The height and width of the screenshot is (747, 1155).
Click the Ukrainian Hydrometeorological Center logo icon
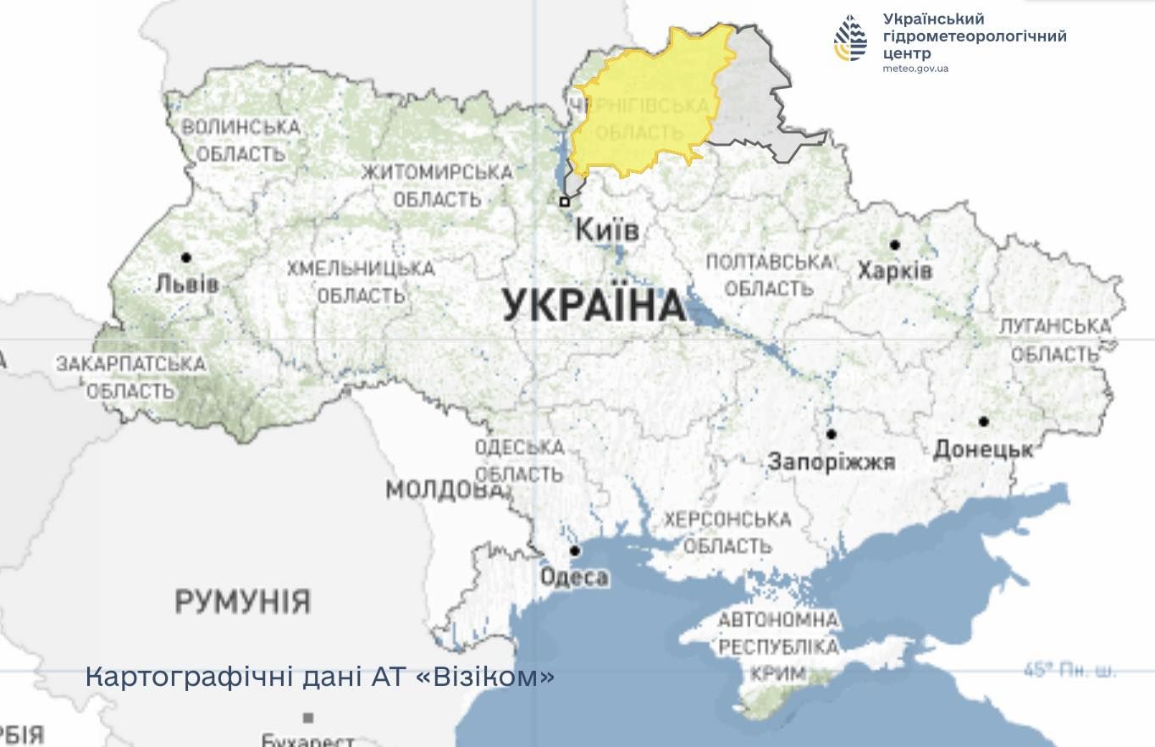(x=850, y=39)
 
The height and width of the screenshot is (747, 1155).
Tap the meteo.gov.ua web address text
(x=915, y=69)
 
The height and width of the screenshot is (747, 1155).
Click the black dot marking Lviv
(x=185, y=257)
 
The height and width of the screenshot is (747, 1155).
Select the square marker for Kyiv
(x=565, y=202)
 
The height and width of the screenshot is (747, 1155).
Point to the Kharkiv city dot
(x=894, y=245)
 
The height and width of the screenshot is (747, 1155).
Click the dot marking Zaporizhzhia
(x=831, y=434)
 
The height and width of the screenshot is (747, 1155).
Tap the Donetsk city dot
(x=983, y=421)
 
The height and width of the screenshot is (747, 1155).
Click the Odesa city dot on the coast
(x=575, y=551)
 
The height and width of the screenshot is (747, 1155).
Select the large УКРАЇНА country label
(x=594, y=305)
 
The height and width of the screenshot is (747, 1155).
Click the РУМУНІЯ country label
(x=242, y=602)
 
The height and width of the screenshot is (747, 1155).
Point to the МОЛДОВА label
(x=443, y=490)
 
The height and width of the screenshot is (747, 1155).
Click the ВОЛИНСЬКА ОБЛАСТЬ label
(x=241, y=141)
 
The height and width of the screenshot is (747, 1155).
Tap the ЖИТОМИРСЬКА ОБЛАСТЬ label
(x=437, y=185)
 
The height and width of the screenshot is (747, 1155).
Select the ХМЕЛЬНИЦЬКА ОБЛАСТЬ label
(x=361, y=282)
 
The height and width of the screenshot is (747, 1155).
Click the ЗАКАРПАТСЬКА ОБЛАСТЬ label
(x=130, y=378)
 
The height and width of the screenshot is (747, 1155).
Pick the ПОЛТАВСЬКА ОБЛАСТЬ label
(x=769, y=275)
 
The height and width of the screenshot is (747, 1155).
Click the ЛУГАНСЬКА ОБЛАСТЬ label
(x=1054, y=340)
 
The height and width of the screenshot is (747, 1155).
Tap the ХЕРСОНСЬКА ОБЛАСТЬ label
(x=727, y=532)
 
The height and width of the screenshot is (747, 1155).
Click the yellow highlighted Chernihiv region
(x=648, y=102)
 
